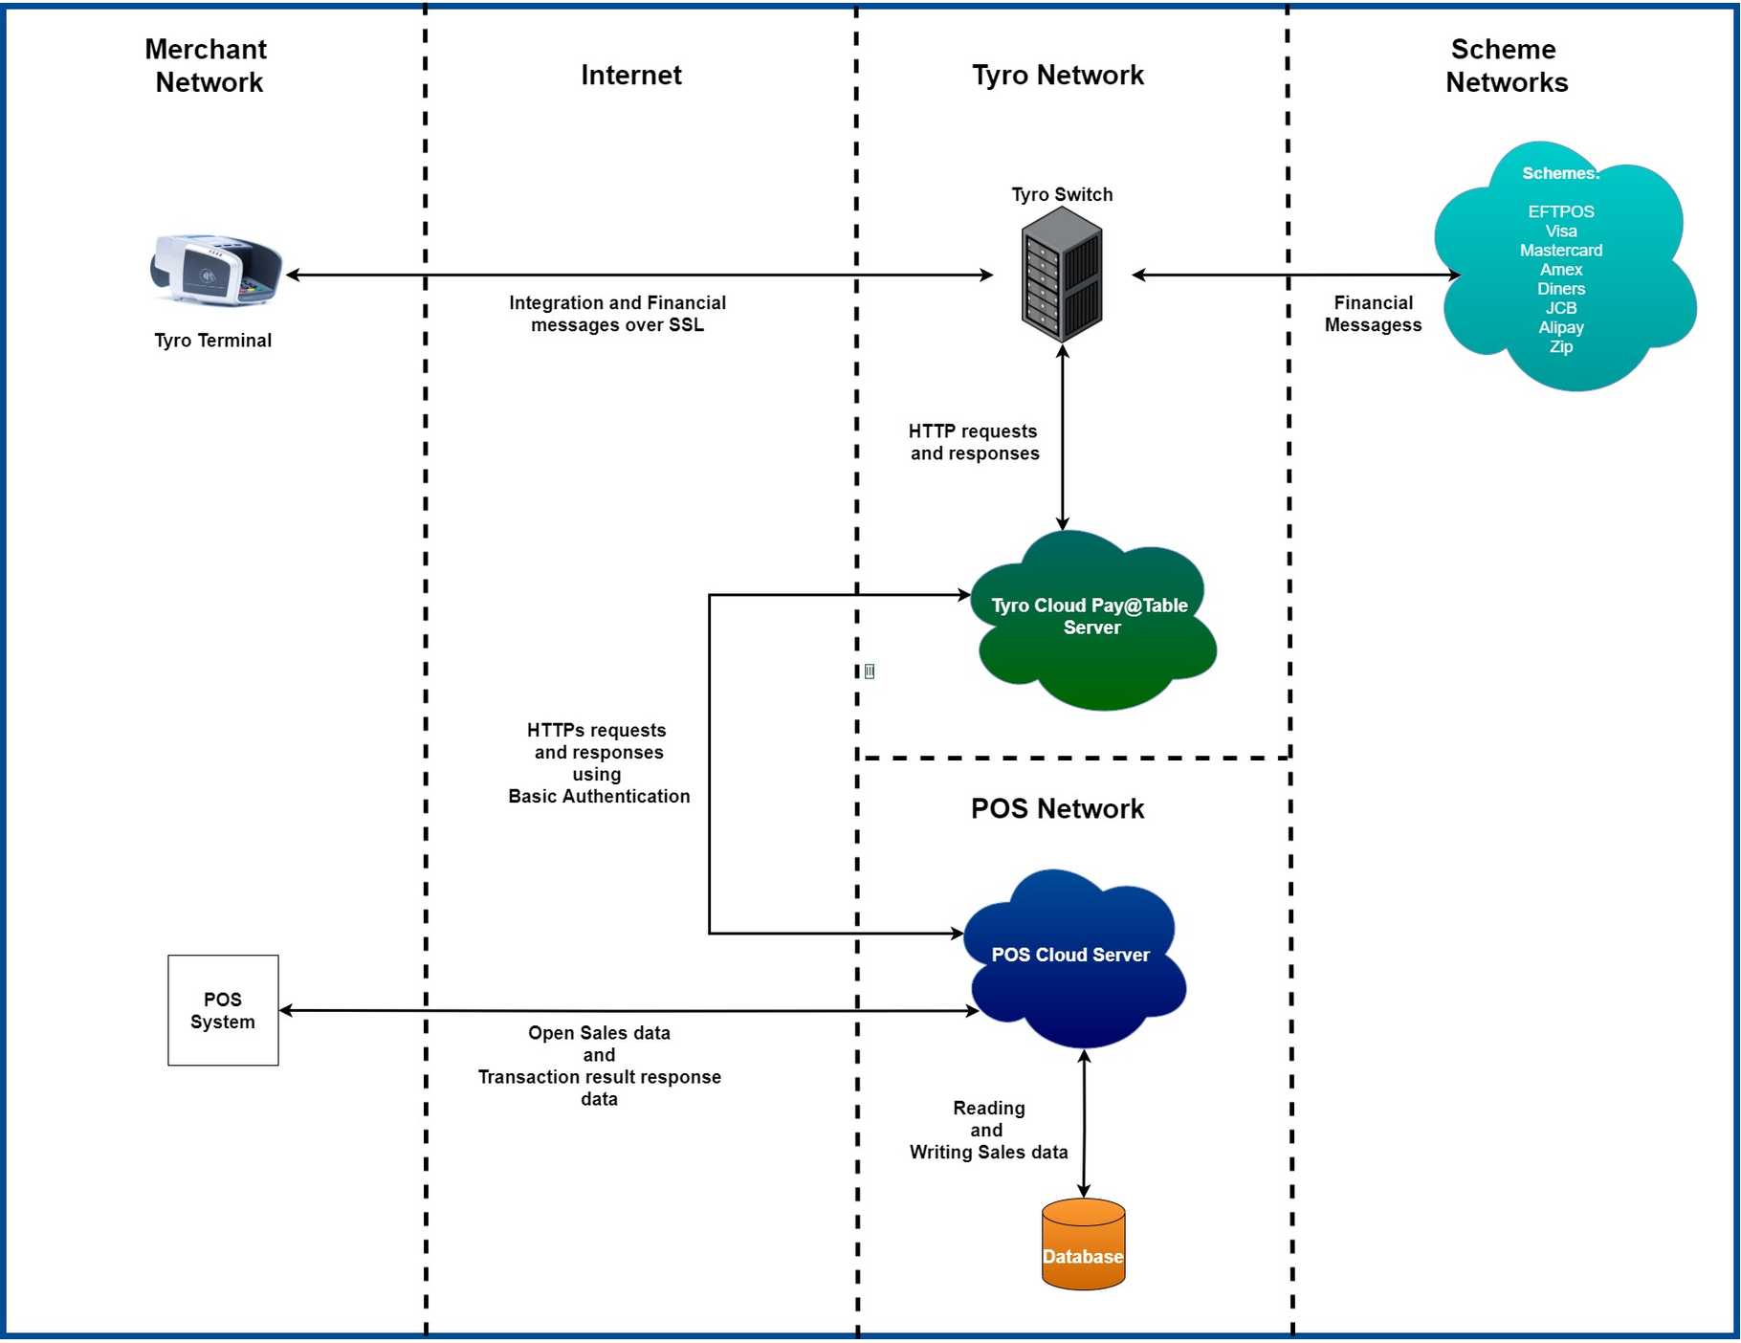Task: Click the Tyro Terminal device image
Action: click(x=216, y=270)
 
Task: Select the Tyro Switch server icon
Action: click(x=1062, y=275)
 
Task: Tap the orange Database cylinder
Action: click(x=1083, y=1244)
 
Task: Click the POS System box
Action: click(x=223, y=1010)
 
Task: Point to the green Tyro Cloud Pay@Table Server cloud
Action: click(x=1091, y=622)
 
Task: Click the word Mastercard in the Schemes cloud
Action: click(x=1560, y=251)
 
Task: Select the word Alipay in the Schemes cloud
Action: click(x=1560, y=327)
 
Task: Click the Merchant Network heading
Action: click(x=208, y=65)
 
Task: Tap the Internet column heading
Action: click(x=631, y=75)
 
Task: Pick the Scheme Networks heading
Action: click(x=1506, y=65)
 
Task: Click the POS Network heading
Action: click(x=1057, y=808)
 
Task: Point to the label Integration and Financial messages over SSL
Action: click(x=617, y=314)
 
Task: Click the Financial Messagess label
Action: click(x=1373, y=314)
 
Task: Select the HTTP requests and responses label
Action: click(x=974, y=442)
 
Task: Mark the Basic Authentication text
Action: click(x=599, y=796)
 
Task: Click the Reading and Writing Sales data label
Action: click(x=988, y=1130)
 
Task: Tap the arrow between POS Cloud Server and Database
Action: click(x=1084, y=1124)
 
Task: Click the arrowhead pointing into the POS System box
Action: click(x=286, y=1010)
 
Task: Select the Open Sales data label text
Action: click(x=599, y=1033)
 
